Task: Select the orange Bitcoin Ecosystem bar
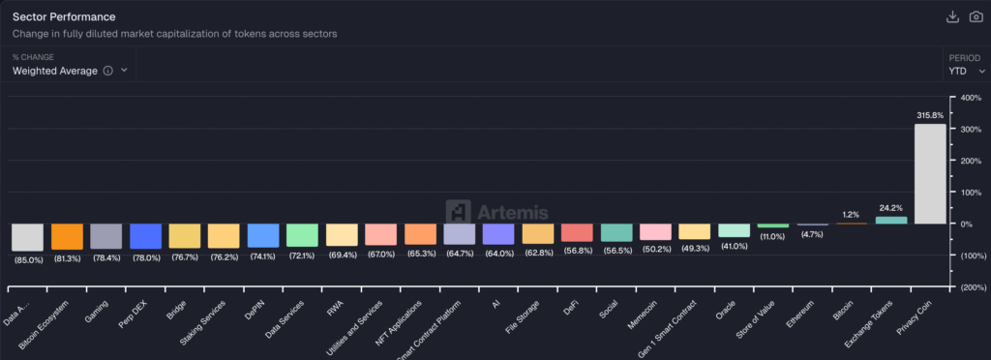[x=67, y=237]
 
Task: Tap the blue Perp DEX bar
[x=145, y=236]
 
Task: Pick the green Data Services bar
[x=302, y=235]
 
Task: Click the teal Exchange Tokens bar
[x=891, y=220]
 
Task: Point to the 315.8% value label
[x=930, y=115]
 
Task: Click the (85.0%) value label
[x=27, y=259]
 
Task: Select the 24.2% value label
[x=891, y=207]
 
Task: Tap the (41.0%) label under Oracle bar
[x=734, y=246]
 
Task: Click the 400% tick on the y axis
[x=970, y=98]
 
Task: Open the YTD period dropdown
[x=967, y=71]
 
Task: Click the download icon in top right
[x=951, y=17]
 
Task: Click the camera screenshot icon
[x=976, y=17]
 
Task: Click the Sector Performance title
[x=64, y=16]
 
